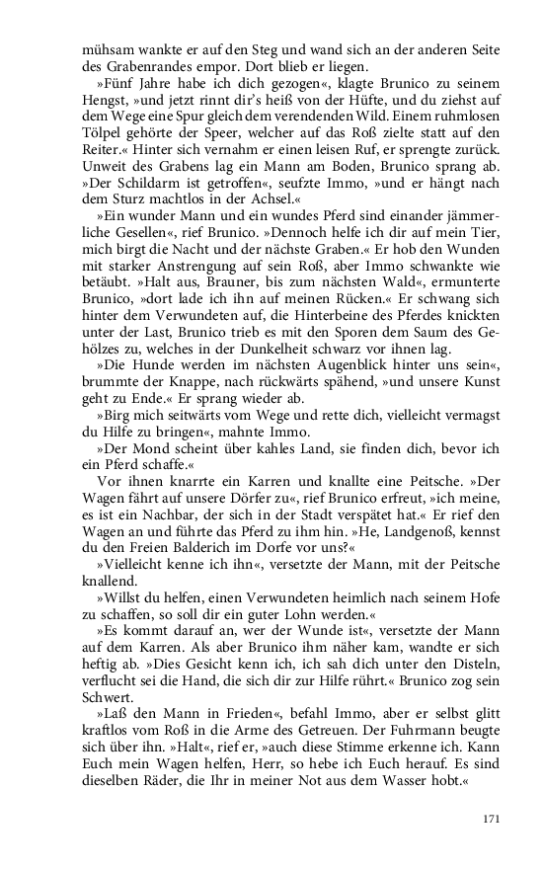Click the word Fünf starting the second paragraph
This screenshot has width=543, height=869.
click(x=112, y=86)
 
